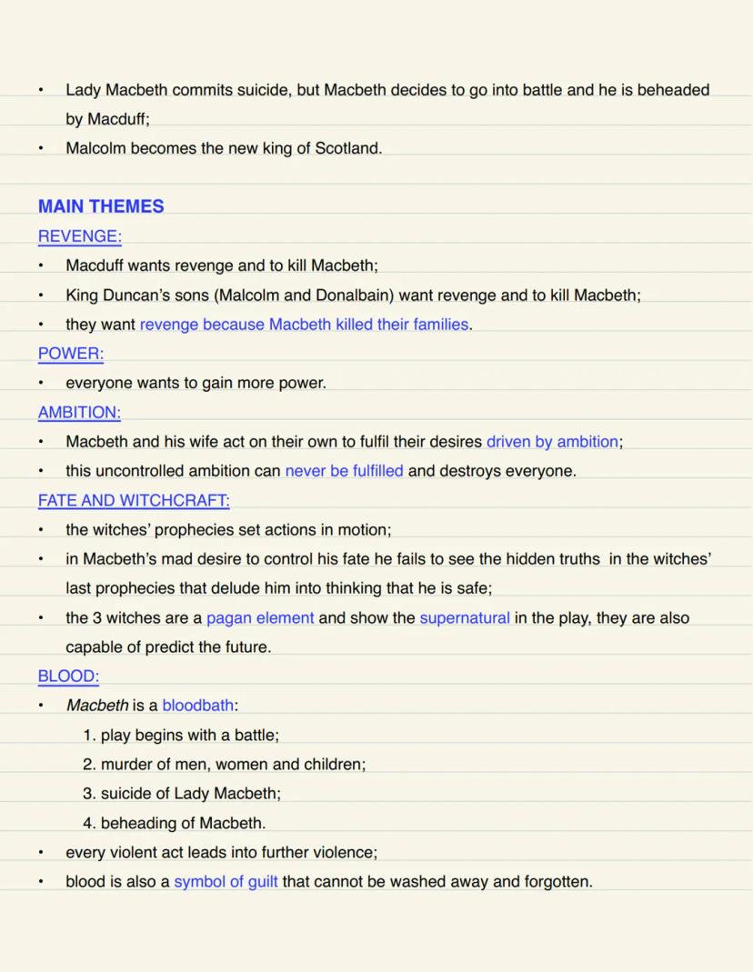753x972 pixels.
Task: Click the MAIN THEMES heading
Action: click(x=101, y=206)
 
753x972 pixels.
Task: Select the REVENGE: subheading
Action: click(x=79, y=236)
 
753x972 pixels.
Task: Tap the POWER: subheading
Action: click(x=71, y=354)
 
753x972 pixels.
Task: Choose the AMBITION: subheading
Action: click(x=79, y=413)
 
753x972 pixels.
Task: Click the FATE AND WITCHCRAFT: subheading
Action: click(x=134, y=500)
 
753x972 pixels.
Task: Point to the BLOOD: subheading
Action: click(x=68, y=676)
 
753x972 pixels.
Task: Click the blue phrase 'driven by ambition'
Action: click(x=552, y=442)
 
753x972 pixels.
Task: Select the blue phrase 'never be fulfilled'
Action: click(x=344, y=471)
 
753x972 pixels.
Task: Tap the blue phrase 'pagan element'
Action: click(x=260, y=618)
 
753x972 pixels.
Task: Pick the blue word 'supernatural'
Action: click(x=465, y=618)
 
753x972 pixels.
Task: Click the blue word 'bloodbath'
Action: click(x=198, y=706)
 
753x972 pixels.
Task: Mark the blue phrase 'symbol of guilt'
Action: click(x=226, y=882)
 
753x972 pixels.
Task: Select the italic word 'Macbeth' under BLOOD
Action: click(x=97, y=706)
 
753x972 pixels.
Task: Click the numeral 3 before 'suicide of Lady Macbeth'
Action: click(x=88, y=794)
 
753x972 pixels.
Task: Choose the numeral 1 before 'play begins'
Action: click(x=88, y=736)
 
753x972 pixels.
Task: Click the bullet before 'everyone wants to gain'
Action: click(x=41, y=384)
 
